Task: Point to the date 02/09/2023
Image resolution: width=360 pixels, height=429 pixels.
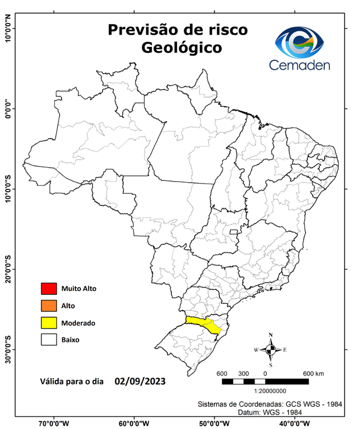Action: (140, 382)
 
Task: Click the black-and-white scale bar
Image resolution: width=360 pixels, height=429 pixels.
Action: (265, 382)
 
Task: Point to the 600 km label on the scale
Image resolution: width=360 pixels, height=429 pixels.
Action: (313, 373)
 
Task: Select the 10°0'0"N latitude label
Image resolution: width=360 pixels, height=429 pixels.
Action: (8, 28)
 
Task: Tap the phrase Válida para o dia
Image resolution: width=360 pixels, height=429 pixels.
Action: (72, 383)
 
